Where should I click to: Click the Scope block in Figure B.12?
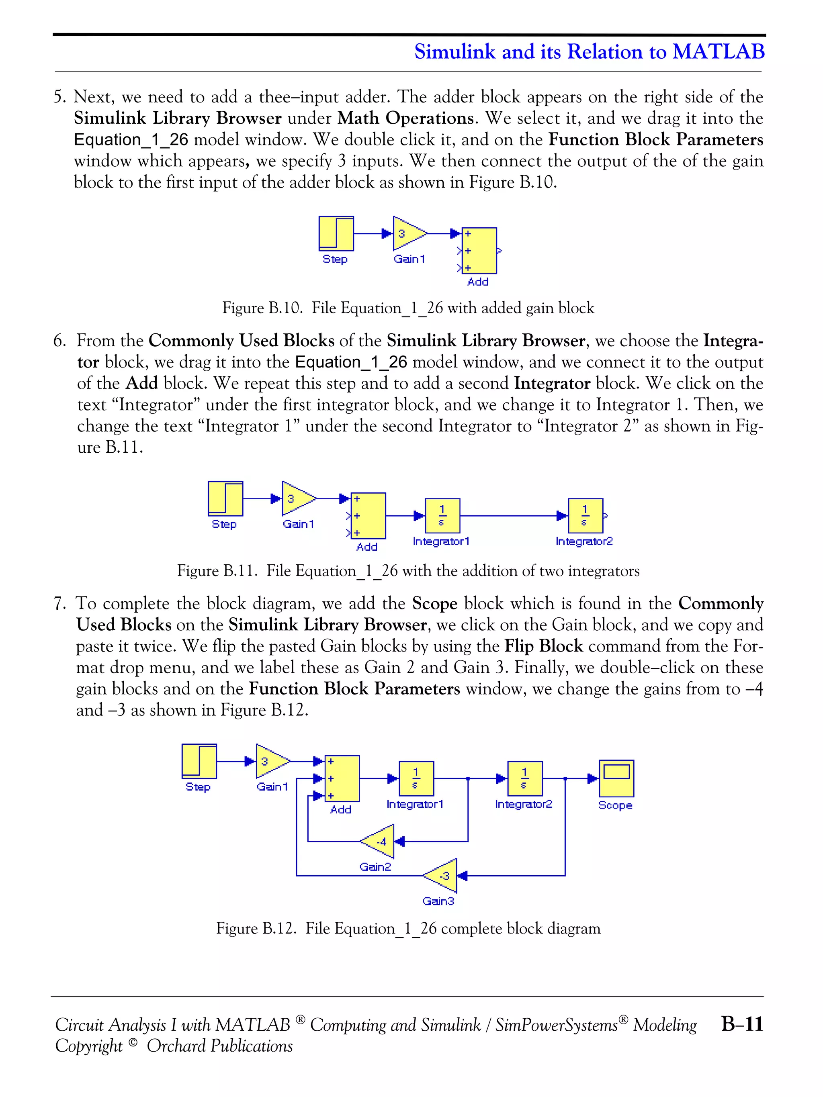pos(616,778)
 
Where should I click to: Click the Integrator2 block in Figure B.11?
pos(586,516)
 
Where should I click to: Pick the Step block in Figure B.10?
pos(336,234)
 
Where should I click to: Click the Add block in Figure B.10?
pos(479,250)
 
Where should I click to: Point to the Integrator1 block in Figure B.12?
pos(416,778)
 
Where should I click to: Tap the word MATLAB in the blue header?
pos(719,51)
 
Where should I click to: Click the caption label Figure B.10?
pos(262,308)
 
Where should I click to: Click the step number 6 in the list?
pos(59,341)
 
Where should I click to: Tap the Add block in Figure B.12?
pos(342,778)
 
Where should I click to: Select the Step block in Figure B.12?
pos(199,761)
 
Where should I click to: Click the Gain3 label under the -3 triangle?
pos(438,901)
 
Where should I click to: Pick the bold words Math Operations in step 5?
pos(405,118)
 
